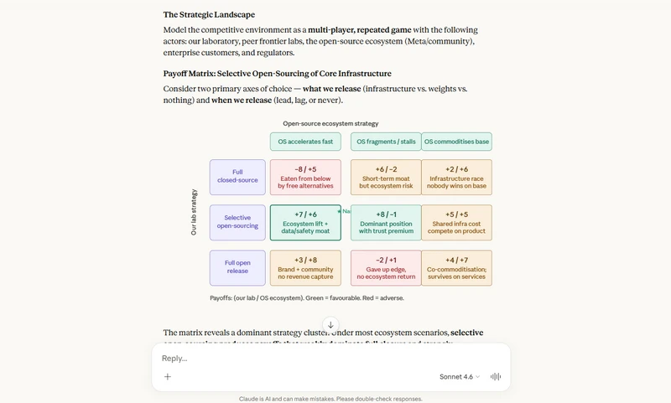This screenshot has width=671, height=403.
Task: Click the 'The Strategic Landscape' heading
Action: (x=209, y=14)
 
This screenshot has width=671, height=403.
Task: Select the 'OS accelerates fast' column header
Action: (x=305, y=142)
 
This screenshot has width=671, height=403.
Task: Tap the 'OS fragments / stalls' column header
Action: (x=385, y=142)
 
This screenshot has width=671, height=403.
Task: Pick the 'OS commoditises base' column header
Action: (x=456, y=142)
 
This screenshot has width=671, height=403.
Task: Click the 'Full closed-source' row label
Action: (x=237, y=177)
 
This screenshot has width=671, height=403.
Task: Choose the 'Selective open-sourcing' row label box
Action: (x=237, y=222)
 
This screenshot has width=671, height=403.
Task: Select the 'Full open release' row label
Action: (x=237, y=267)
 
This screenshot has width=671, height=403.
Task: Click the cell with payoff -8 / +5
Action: (x=305, y=177)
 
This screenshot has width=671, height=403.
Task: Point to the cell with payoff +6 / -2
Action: (x=386, y=177)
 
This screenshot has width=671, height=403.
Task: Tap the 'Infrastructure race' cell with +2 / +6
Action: (x=456, y=177)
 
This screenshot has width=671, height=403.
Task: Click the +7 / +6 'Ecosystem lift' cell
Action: (x=305, y=222)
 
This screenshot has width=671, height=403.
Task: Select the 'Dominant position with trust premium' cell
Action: (x=386, y=222)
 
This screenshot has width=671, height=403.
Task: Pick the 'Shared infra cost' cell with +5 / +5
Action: (x=456, y=222)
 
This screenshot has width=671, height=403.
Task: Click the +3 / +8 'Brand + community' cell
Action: (x=305, y=267)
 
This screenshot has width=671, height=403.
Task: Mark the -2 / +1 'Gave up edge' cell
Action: (x=386, y=267)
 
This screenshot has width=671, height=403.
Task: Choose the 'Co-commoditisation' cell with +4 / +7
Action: (x=456, y=267)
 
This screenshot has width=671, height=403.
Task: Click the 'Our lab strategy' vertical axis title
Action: (x=194, y=212)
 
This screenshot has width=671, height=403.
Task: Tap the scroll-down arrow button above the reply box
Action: (x=330, y=325)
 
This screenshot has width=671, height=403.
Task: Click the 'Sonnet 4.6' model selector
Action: (x=460, y=377)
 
